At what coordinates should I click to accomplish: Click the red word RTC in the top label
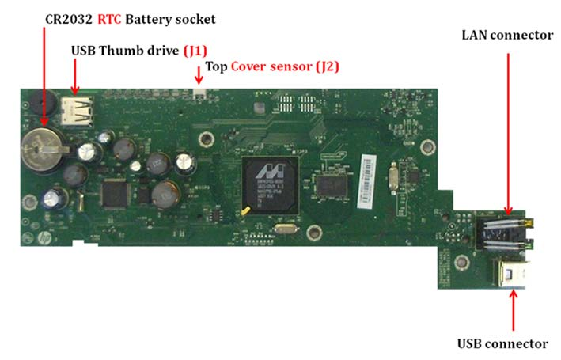[109, 19]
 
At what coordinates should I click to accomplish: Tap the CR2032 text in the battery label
[69, 19]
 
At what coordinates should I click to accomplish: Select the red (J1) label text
[195, 51]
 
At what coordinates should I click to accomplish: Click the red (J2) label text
[328, 66]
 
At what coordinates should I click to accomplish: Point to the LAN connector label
[507, 35]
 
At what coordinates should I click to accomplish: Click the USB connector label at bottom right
[502, 343]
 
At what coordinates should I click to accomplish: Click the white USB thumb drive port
[77, 111]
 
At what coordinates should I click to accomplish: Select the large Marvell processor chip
[271, 184]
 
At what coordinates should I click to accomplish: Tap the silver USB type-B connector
[511, 274]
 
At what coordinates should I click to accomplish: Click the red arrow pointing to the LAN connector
[508, 135]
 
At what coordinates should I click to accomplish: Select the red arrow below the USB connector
[514, 310]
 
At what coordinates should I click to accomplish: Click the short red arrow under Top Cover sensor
[199, 75]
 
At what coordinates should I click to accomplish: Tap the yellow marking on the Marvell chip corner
[245, 210]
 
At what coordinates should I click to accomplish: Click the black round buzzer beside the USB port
[42, 102]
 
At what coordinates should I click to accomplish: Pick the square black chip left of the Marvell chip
[116, 195]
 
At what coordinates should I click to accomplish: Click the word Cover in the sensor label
[271, 66]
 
